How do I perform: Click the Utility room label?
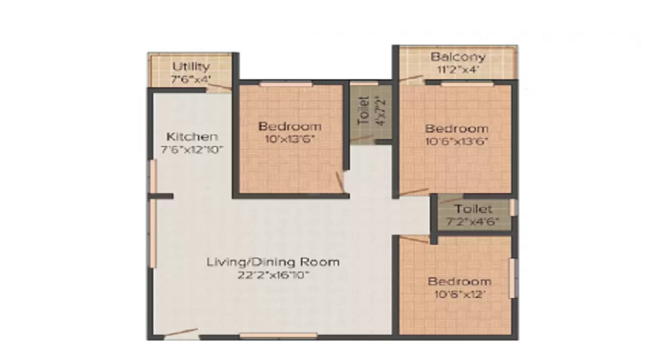[x=191, y=66]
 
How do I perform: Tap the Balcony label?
[x=458, y=57]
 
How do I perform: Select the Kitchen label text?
[x=192, y=136]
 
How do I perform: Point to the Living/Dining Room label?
[x=272, y=261]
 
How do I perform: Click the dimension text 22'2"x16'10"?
[x=272, y=274]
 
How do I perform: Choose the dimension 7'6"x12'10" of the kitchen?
[x=192, y=150]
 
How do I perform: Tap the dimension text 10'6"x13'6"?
[x=457, y=141]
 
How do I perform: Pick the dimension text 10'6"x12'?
[x=459, y=294]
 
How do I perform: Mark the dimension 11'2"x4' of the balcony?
[x=458, y=70]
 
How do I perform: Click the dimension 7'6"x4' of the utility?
[x=191, y=79]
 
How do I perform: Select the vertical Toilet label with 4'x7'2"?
[x=367, y=112]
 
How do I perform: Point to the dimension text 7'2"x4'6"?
[x=472, y=222]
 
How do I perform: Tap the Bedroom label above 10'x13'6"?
[x=289, y=126]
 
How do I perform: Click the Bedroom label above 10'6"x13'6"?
[x=457, y=128]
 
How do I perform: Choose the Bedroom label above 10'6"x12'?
[x=459, y=281]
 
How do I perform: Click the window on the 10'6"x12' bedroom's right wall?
[x=513, y=277]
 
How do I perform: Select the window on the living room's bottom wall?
[x=278, y=335]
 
